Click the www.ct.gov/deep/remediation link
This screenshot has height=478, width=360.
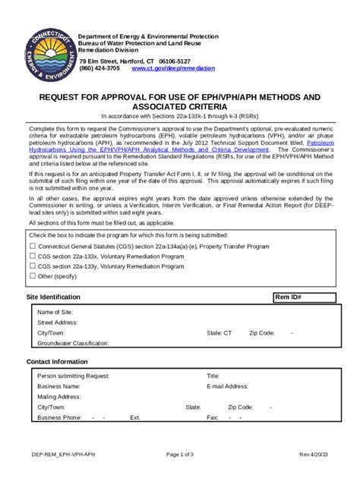coord(173,68)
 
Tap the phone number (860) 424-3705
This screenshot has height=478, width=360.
coord(99,68)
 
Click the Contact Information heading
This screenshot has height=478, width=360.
coord(57,362)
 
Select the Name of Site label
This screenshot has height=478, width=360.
coord(55,312)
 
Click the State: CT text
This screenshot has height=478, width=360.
coord(219,332)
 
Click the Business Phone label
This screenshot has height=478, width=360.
coord(59,417)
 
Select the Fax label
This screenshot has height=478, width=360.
coord(213,417)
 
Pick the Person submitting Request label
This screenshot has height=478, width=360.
coord(74,376)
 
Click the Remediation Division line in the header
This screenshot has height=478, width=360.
coord(112,51)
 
